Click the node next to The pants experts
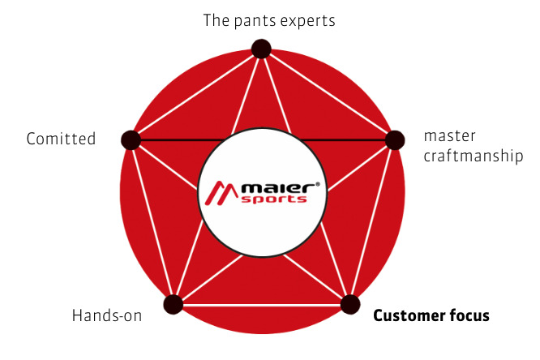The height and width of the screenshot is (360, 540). pyautogui.click(x=261, y=49)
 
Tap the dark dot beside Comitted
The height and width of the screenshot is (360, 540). pyautogui.click(x=131, y=139)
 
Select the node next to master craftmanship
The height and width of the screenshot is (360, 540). pyautogui.click(x=394, y=139)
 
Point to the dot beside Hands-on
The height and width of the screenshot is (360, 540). pyautogui.click(x=173, y=305)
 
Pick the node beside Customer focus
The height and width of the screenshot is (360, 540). pyautogui.click(x=349, y=305)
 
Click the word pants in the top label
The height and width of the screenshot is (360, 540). pyautogui.click(x=246, y=20)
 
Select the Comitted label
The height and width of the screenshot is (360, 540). pyautogui.click(x=61, y=139)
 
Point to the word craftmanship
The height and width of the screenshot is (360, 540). pyautogui.click(x=474, y=156)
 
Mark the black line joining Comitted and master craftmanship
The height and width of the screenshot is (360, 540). pyautogui.click(x=170, y=140)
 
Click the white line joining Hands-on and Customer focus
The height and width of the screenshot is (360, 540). pyautogui.click(x=261, y=305)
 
